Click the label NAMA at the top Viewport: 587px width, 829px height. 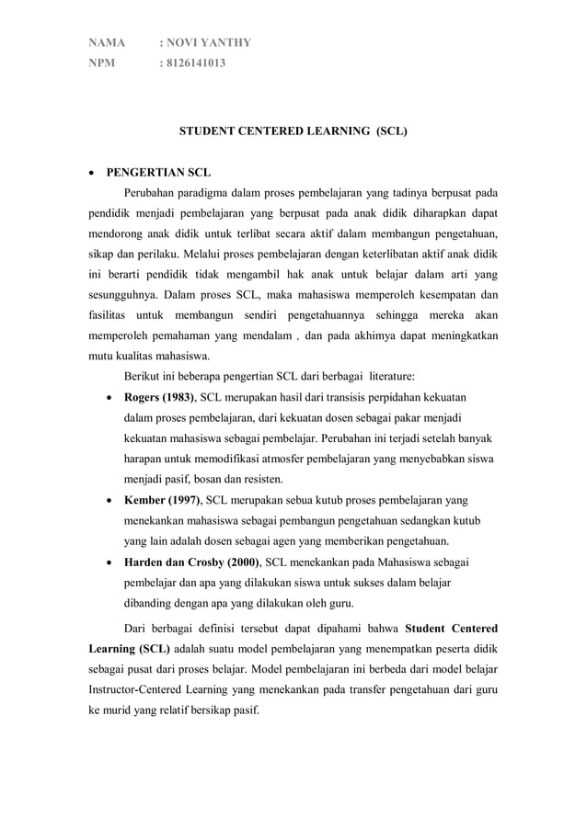click(105, 42)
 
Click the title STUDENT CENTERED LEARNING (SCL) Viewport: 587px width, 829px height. click(292, 131)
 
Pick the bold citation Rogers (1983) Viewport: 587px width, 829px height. click(159, 397)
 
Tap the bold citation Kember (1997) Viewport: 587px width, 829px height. click(160, 499)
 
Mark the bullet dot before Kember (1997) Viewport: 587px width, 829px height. click(110, 500)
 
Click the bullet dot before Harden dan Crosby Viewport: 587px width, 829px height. click(110, 562)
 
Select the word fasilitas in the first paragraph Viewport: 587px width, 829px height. click(110, 314)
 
